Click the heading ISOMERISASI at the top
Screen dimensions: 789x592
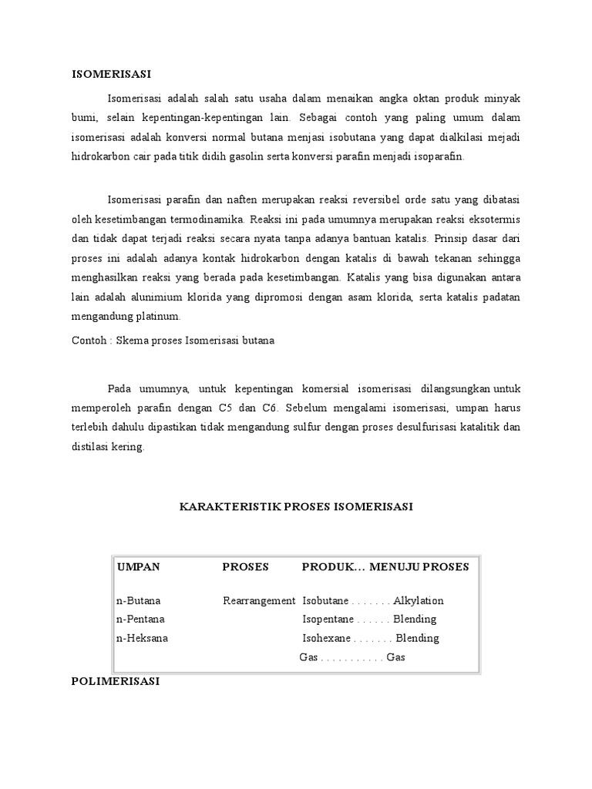pos(111,74)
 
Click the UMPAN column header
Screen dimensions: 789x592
pos(139,567)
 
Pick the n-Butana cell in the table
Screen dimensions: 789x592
pos(139,600)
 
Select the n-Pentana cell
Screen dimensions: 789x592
pos(140,619)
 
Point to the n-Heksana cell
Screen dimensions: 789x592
pos(142,638)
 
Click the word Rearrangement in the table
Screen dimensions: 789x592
pos(259,600)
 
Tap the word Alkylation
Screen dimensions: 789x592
pos(419,600)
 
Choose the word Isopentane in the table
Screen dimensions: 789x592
pos(328,619)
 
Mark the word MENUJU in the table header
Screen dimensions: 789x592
pos(396,567)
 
